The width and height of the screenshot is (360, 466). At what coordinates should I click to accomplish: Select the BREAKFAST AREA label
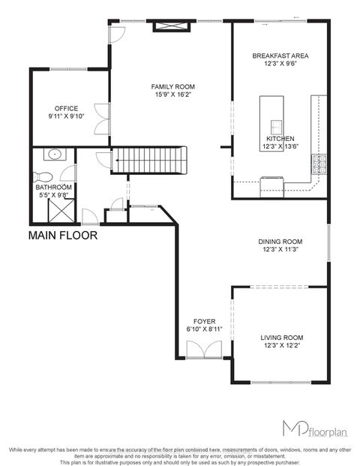pyautogui.click(x=280, y=56)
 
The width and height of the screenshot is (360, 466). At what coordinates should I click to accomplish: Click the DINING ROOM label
pyautogui.click(x=279, y=242)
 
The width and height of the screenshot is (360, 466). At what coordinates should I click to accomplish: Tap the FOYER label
pyautogui.click(x=204, y=321)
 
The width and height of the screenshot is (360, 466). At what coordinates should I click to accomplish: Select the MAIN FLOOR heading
pyautogui.click(x=62, y=236)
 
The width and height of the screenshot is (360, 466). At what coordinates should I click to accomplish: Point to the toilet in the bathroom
pyautogui.click(x=40, y=178)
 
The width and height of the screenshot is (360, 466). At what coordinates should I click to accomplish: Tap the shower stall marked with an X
pyautogui.click(x=58, y=211)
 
